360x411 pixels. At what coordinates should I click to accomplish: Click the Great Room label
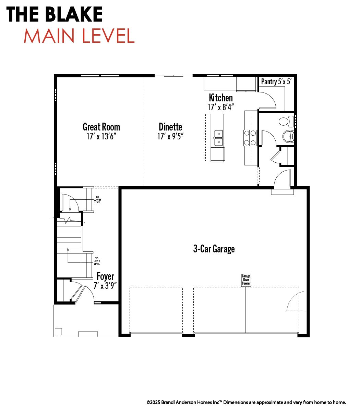[101, 127]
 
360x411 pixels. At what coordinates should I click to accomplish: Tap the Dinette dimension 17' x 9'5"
[170, 136]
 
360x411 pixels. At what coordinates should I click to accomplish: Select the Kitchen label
[221, 98]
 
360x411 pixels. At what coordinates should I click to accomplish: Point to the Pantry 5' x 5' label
[276, 82]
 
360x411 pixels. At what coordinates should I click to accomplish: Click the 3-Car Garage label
[214, 249]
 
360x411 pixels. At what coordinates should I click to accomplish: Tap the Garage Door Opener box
[246, 280]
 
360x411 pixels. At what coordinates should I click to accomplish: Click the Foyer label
[105, 277]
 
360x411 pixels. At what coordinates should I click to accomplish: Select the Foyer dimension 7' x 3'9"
[105, 286]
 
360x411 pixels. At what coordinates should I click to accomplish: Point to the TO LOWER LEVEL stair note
[97, 200]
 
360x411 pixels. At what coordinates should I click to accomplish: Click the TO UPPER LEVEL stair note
[97, 261]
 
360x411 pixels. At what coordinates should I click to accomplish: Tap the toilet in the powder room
[286, 121]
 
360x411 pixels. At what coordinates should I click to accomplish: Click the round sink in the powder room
[288, 136]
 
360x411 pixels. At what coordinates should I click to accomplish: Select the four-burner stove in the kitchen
[250, 138]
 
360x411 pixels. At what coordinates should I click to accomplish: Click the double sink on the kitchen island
[219, 138]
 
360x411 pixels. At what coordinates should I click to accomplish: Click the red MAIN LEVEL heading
[79, 36]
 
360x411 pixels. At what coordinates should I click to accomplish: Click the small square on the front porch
[58, 332]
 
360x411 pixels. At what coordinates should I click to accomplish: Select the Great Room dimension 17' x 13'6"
[101, 136]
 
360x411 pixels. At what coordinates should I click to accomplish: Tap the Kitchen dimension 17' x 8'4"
[221, 107]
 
